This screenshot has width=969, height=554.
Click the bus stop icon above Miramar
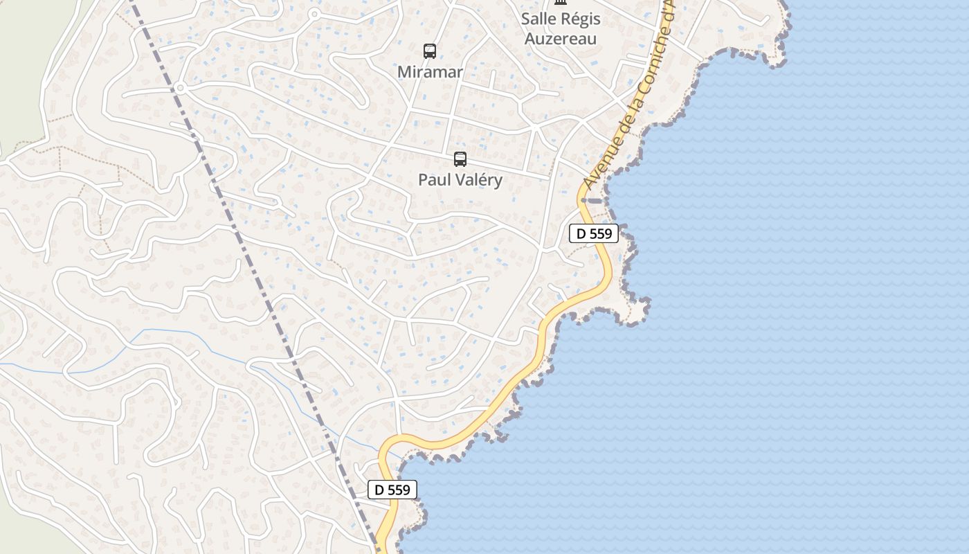[x=430, y=51]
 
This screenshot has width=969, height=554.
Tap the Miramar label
[x=430, y=72]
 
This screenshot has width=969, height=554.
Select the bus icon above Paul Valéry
[x=460, y=159]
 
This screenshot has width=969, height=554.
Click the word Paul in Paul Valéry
[x=433, y=180]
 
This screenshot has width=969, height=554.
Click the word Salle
[x=540, y=19]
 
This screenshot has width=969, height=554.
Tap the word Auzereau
[x=561, y=38]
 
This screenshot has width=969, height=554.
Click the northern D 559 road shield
[x=594, y=233]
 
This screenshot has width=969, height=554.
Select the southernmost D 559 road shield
[x=392, y=490]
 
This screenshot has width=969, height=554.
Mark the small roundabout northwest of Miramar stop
[x=314, y=14]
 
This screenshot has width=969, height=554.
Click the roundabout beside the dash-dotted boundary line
[x=180, y=88]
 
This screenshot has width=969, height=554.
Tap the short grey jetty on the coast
[x=592, y=201]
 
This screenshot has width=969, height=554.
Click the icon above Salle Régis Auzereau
[x=561, y=3]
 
